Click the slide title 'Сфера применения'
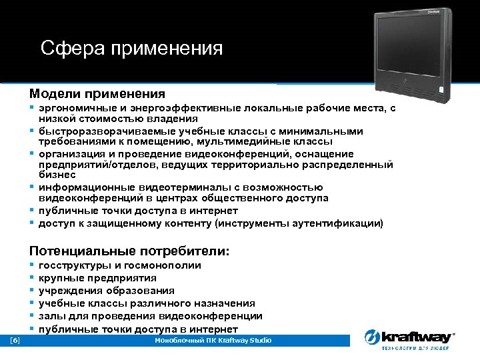click(131, 49)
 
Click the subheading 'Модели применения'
click(97, 94)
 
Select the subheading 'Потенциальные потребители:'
click(129, 251)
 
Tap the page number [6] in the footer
click(15, 341)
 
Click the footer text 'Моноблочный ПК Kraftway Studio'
click(213, 341)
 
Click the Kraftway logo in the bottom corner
click(409, 339)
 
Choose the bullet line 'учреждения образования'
click(107, 291)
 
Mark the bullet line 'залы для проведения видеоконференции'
click(150, 316)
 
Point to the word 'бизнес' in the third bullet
click(55, 175)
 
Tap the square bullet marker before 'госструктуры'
click(32, 265)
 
